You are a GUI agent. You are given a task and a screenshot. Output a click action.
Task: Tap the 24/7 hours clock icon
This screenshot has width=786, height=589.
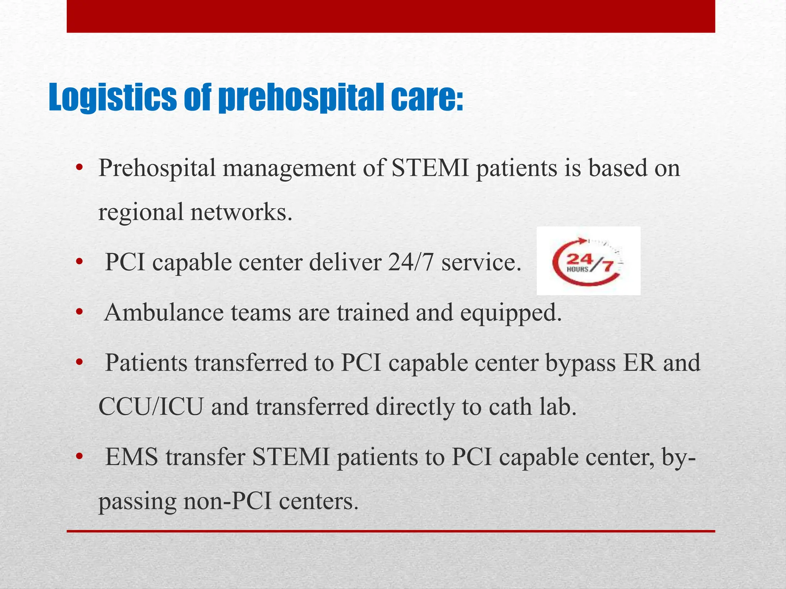pyautogui.click(x=588, y=261)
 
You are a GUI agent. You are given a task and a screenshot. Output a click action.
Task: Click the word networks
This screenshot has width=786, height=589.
pyautogui.click(x=241, y=212)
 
